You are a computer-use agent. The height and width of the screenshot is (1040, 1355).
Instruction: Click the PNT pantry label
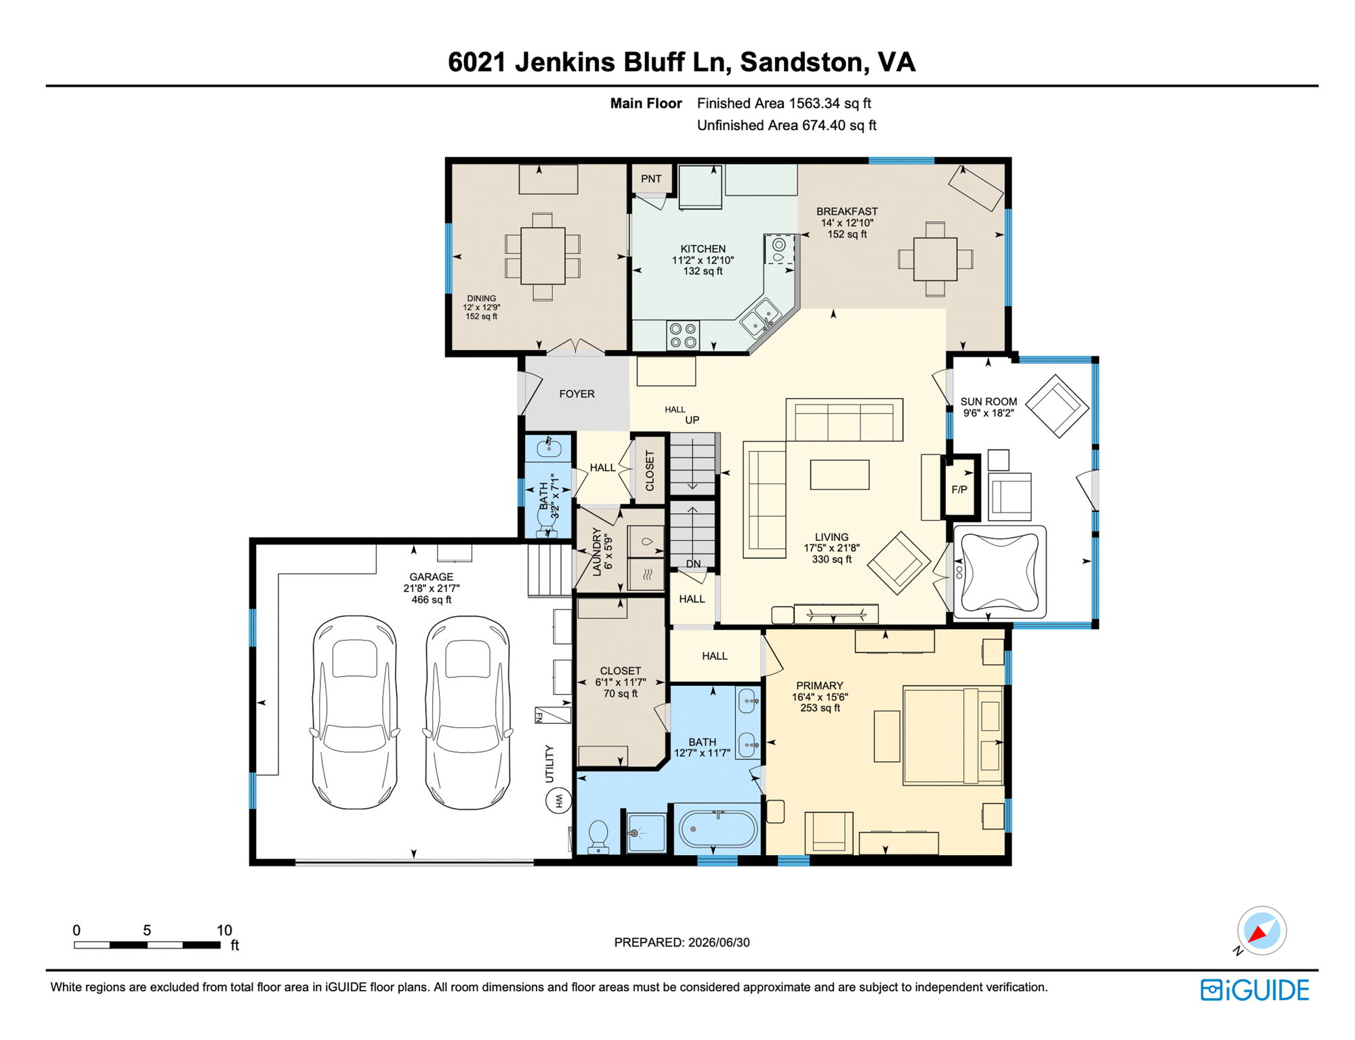click(x=651, y=179)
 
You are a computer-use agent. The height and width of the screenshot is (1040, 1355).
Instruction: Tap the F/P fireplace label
click(x=959, y=490)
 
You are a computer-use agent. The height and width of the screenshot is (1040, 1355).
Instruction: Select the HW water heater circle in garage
click(x=559, y=801)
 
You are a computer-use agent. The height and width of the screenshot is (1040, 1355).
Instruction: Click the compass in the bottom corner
click(x=1262, y=931)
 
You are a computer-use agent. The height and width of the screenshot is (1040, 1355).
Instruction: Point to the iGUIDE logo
click(x=1255, y=990)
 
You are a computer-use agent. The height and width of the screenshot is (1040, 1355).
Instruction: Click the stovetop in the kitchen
click(x=683, y=335)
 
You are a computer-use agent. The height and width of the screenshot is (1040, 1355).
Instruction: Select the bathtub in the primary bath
click(x=718, y=829)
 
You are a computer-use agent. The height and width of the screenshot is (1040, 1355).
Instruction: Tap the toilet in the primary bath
click(x=599, y=837)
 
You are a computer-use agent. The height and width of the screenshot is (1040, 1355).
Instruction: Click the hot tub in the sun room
click(x=1000, y=571)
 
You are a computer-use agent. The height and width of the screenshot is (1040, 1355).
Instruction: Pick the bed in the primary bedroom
click(x=953, y=736)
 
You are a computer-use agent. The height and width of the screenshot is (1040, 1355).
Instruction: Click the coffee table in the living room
click(x=839, y=474)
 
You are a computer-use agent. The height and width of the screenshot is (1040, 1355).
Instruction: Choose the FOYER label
click(x=577, y=394)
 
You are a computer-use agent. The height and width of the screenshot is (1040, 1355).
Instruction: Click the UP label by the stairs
click(x=692, y=420)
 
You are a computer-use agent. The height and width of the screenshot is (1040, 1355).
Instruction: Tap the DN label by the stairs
click(x=693, y=563)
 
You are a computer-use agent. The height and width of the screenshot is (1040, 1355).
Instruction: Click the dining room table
click(x=543, y=256)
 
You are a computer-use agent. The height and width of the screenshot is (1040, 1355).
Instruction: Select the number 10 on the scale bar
click(x=224, y=930)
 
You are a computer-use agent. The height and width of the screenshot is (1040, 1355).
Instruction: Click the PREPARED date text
click(x=682, y=942)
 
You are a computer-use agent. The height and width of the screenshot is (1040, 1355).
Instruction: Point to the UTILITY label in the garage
click(x=549, y=764)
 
